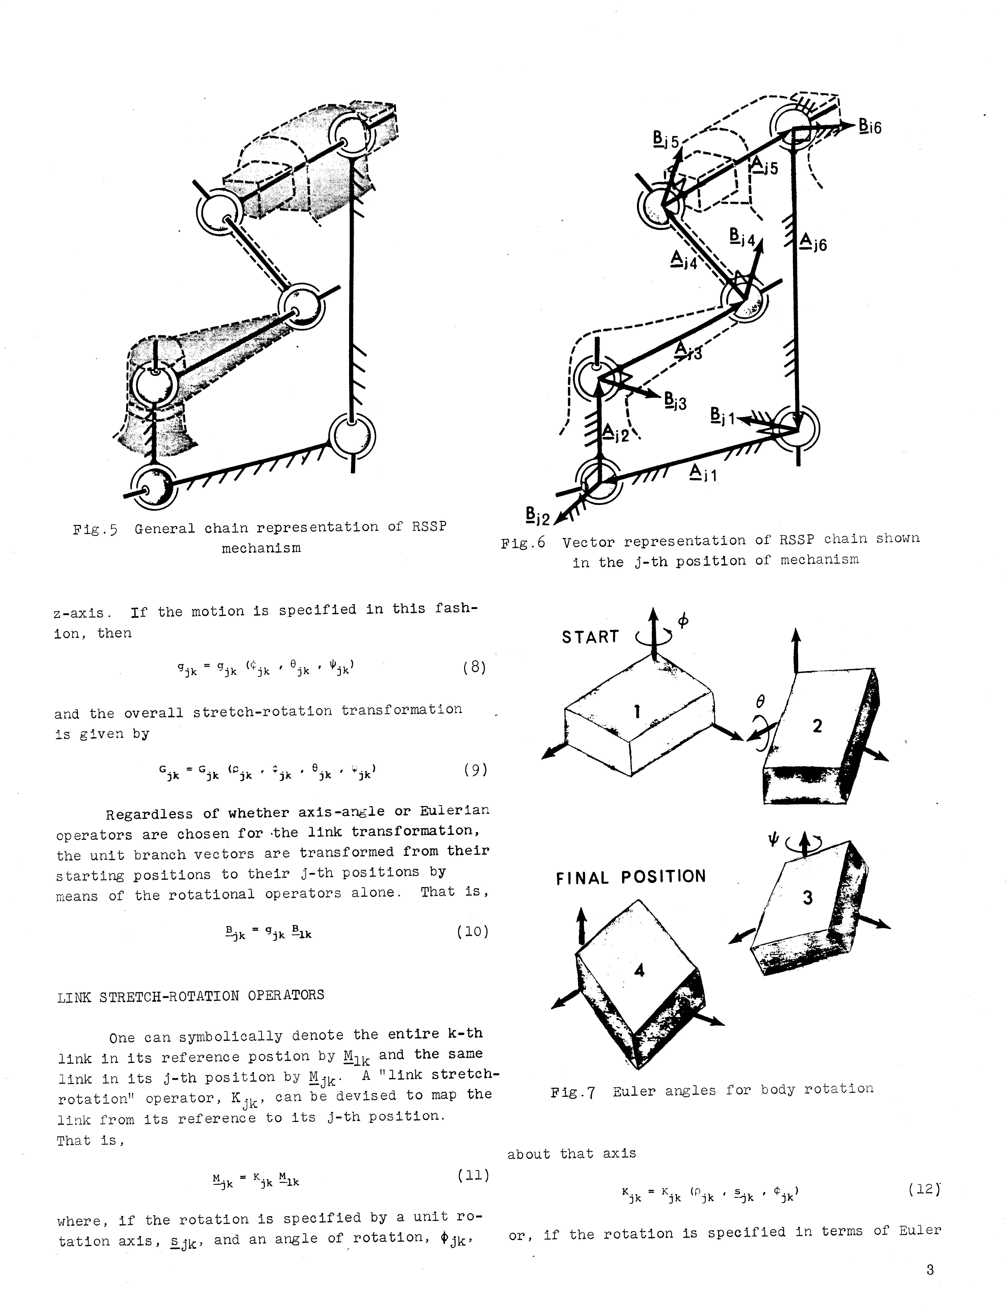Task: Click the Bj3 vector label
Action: click(x=675, y=401)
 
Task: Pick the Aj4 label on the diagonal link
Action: click(x=684, y=260)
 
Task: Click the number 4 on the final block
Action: click(x=640, y=970)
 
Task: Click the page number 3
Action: click(x=930, y=1269)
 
